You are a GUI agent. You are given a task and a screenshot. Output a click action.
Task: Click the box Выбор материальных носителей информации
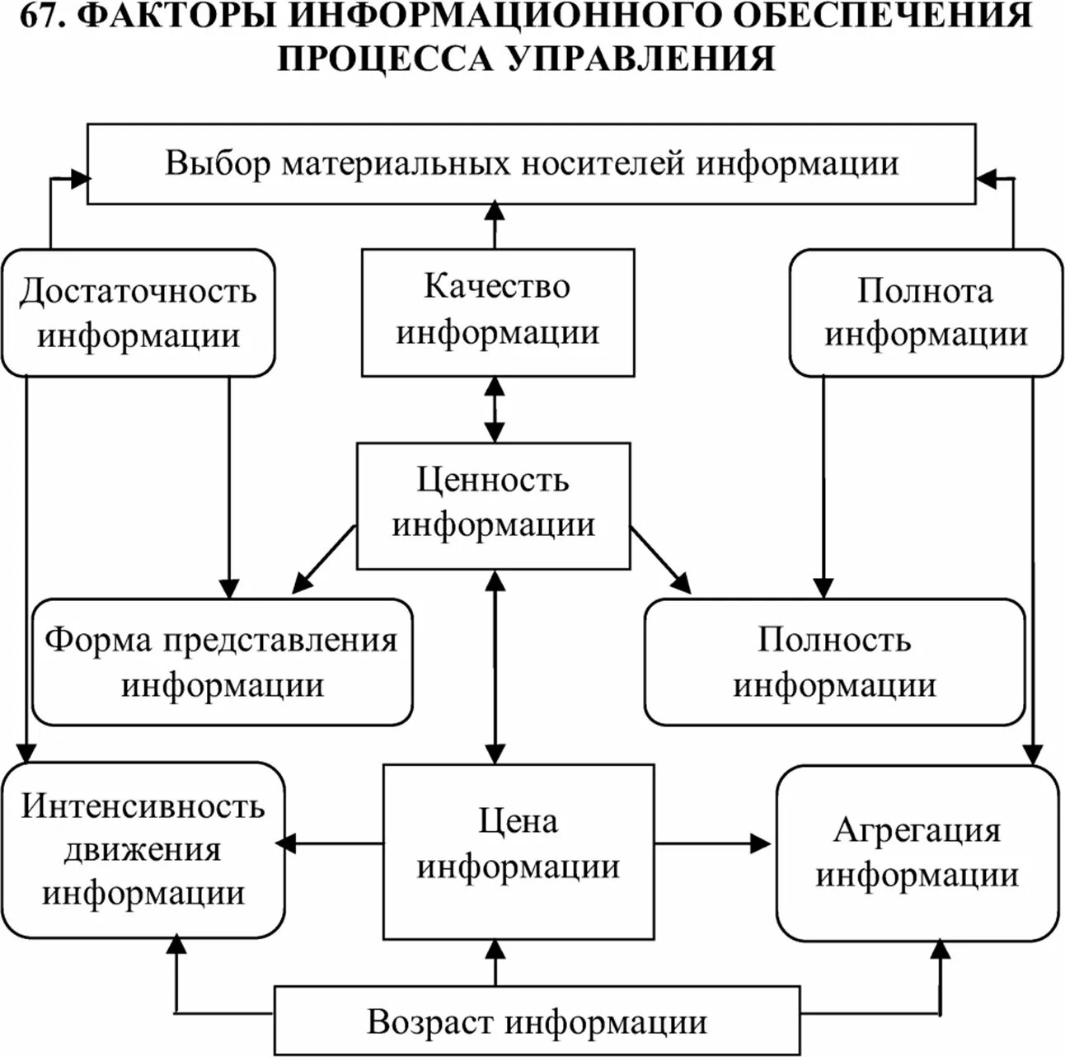[531, 163]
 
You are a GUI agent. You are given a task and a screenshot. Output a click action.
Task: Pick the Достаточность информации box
[138, 313]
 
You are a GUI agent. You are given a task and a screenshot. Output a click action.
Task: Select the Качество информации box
[498, 312]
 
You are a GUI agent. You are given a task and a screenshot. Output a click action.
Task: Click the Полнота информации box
[925, 313]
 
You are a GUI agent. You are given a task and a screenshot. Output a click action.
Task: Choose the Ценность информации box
[493, 505]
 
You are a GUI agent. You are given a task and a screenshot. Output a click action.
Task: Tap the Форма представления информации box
[222, 662]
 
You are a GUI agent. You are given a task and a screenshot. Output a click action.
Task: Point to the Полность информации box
[834, 662]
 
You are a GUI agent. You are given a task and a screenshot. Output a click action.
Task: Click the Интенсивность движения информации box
[143, 849]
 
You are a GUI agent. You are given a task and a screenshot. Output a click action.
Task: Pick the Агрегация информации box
[917, 853]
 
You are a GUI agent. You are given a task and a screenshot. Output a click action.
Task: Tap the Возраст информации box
[536, 1022]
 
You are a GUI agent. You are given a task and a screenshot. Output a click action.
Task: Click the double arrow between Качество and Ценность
[495, 409]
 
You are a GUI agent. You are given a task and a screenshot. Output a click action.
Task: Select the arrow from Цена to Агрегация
[714, 843]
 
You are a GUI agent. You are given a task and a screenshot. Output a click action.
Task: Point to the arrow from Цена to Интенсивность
[330, 843]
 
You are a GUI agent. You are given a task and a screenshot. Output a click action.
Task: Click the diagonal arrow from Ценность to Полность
[659, 557]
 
